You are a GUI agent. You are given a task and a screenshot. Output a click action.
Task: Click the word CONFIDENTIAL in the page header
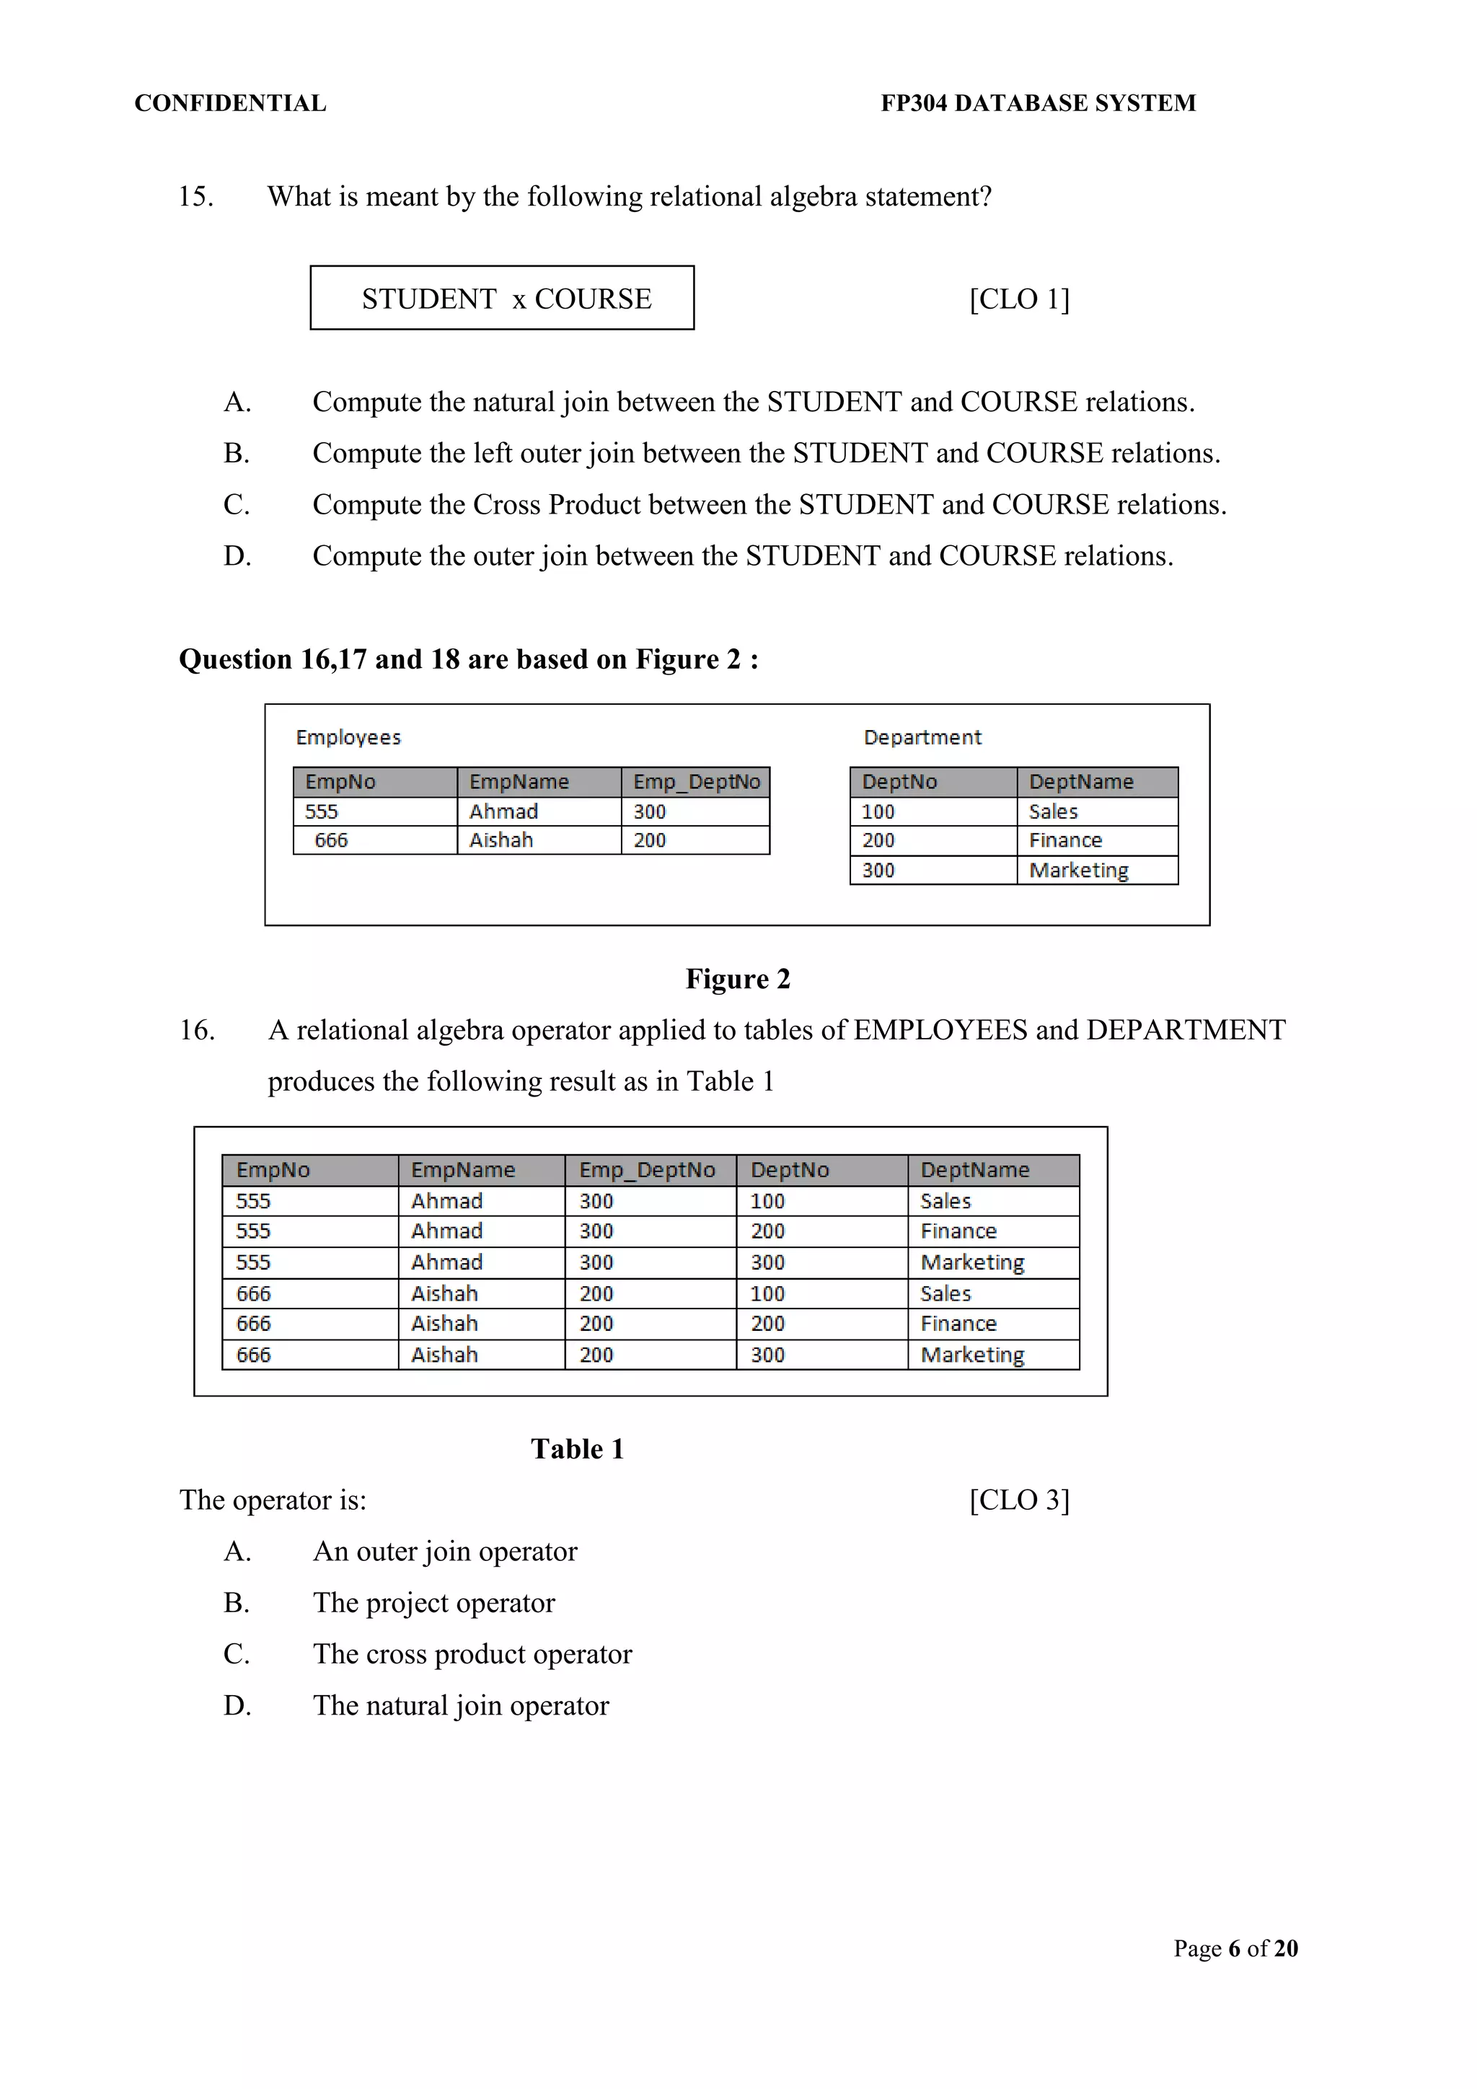pos(230,103)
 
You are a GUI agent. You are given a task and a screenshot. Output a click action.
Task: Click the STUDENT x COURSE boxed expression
pos(502,299)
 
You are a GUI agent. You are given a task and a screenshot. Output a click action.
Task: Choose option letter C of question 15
pos(237,504)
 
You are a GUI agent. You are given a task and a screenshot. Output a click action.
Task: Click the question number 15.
pos(195,196)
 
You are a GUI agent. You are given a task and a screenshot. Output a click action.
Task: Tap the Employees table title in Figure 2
pos(348,737)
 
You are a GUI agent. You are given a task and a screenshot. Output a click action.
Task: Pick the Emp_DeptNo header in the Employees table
pos(696,781)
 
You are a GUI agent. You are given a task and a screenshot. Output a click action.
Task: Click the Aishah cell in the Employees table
pos(501,840)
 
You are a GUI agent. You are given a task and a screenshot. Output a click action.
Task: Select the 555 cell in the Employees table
pos(322,811)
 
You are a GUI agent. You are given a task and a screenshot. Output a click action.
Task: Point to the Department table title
pos(922,737)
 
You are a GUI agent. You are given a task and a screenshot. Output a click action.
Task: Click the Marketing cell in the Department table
pos(1079,870)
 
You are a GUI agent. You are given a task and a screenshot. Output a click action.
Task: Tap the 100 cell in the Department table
pos(878,811)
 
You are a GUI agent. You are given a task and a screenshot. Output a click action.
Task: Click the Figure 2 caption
pos(738,979)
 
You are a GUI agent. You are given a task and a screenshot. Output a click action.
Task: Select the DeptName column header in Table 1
pos(975,1170)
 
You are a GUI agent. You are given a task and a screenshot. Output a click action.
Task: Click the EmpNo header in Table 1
pos(273,1170)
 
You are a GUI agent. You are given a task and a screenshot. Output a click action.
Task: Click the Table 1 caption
pos(578,1449)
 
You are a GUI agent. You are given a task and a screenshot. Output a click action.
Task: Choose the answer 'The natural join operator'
pos(460,1706)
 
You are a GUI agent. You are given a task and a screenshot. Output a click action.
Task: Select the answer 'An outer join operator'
pos(445,1552)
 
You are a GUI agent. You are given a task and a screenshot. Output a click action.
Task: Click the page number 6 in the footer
pos(1234,1949)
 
